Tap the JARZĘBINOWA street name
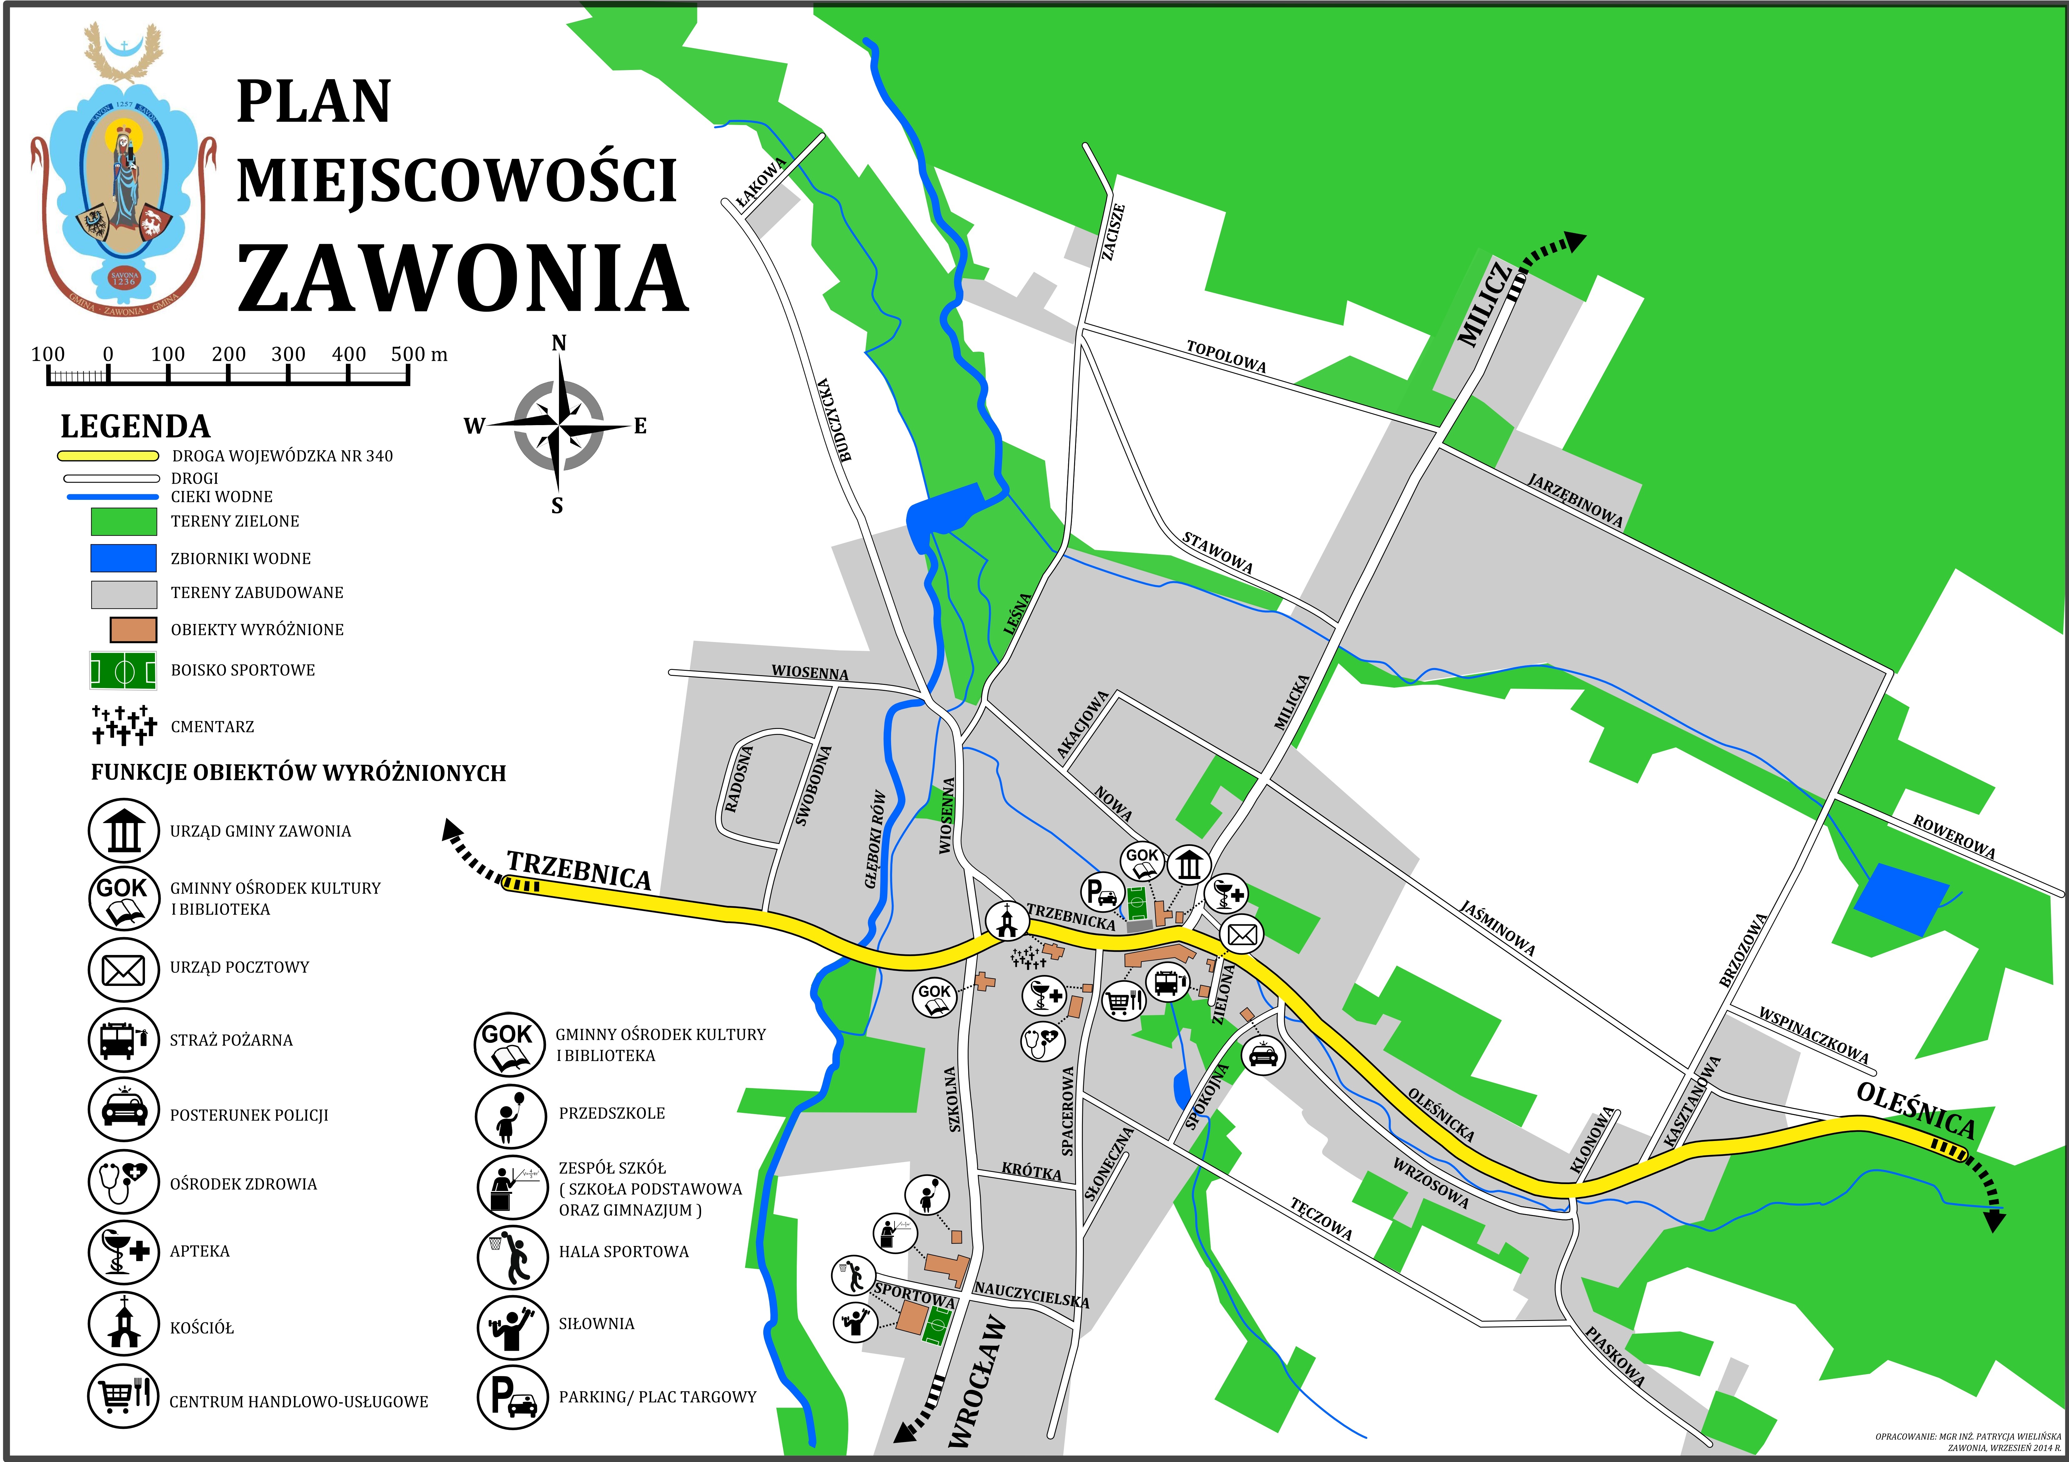1575,500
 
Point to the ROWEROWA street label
1954,837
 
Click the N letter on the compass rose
559,344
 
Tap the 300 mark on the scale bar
288,354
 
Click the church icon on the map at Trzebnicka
1007,921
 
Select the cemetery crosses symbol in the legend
123,726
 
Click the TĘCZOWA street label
1321,1218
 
